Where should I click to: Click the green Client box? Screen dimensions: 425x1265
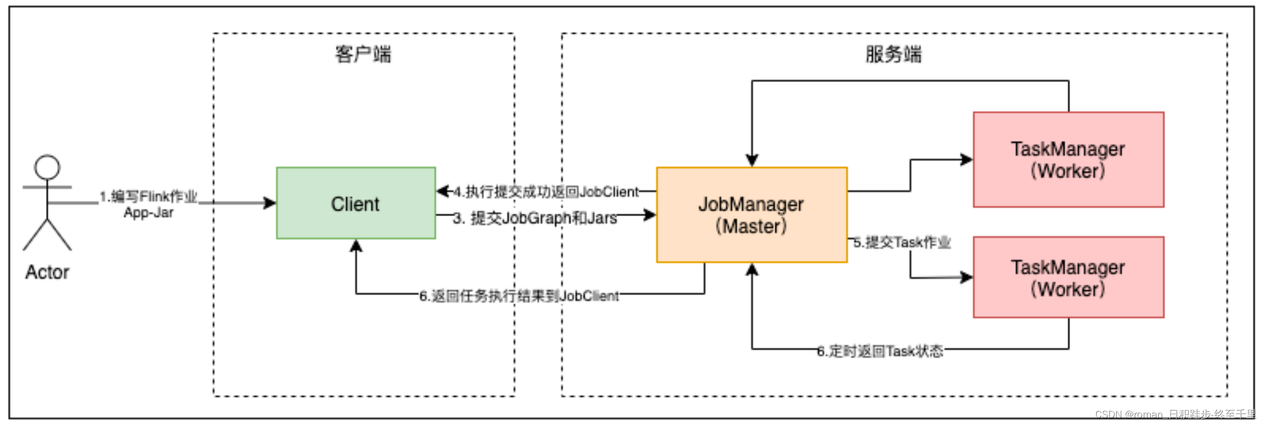355,203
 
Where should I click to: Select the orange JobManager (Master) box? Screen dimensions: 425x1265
751,215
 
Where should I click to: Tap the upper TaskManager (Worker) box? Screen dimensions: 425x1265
1068,160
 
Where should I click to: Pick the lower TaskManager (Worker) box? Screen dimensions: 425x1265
1068,278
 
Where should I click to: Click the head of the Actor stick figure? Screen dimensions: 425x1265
47,167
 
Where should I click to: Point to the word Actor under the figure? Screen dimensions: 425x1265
47,272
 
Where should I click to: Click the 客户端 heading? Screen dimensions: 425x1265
363,54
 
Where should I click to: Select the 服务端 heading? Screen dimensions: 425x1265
893,54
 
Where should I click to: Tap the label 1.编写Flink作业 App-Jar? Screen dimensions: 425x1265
148,204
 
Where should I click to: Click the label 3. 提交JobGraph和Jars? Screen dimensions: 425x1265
535,218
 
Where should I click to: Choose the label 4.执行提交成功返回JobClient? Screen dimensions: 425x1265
546,192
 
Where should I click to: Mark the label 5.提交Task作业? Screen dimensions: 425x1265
902,242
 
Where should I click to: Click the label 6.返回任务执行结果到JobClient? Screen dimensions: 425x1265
519,296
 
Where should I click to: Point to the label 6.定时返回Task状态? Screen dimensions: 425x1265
880,351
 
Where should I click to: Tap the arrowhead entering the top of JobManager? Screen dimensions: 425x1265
752,161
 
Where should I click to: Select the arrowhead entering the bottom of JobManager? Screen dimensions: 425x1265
752,269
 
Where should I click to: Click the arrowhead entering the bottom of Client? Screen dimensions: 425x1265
356,246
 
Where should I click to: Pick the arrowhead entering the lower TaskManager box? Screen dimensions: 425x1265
967,277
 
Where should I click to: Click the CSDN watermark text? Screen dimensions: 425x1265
1175,414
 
